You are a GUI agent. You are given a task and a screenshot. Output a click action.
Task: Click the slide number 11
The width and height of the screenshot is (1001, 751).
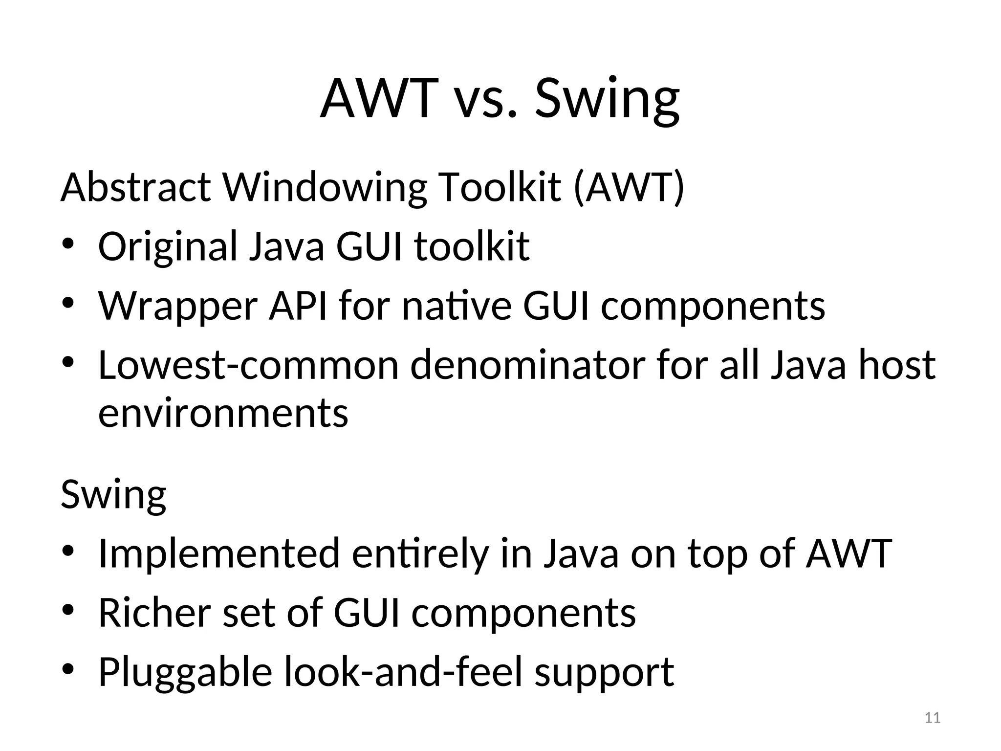933,718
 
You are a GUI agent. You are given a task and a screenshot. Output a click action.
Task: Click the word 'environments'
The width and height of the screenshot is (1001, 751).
223,413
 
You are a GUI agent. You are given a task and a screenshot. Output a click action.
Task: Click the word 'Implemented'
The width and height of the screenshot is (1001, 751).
219,553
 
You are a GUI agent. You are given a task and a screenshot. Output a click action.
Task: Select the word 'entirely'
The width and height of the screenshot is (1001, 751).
420,554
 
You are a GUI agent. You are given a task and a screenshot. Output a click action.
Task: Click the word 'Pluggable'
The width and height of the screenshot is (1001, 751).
185,672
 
